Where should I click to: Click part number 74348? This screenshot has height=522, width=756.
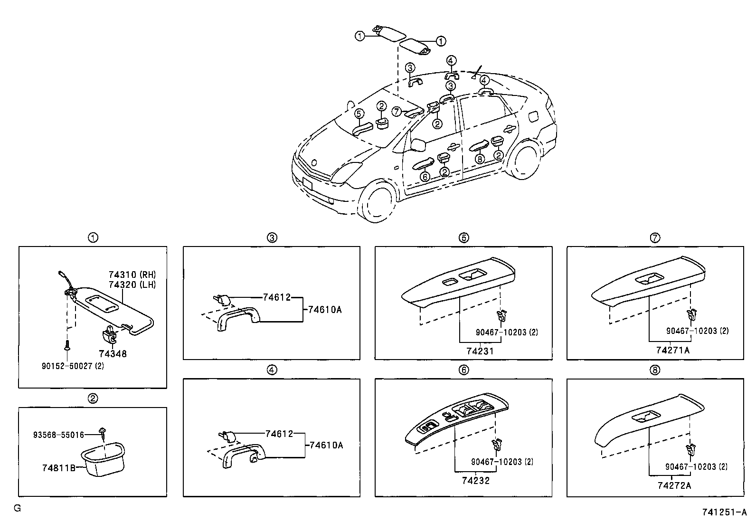[113, 354]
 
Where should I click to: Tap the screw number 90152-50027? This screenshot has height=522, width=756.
[73, 366]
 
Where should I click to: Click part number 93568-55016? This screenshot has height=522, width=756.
[58, 435]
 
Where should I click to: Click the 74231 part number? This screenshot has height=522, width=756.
[480, 351]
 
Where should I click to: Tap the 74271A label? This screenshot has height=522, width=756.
[673, 350]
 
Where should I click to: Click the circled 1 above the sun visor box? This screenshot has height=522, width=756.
[93, 237]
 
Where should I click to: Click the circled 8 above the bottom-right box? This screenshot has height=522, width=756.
[655, 370]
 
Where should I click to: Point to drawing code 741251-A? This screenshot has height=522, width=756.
[725, 513]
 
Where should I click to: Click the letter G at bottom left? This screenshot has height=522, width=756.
[17, 508]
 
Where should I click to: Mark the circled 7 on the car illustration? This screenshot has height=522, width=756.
[397, 111]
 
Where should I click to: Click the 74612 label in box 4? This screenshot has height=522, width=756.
[278, 433]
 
